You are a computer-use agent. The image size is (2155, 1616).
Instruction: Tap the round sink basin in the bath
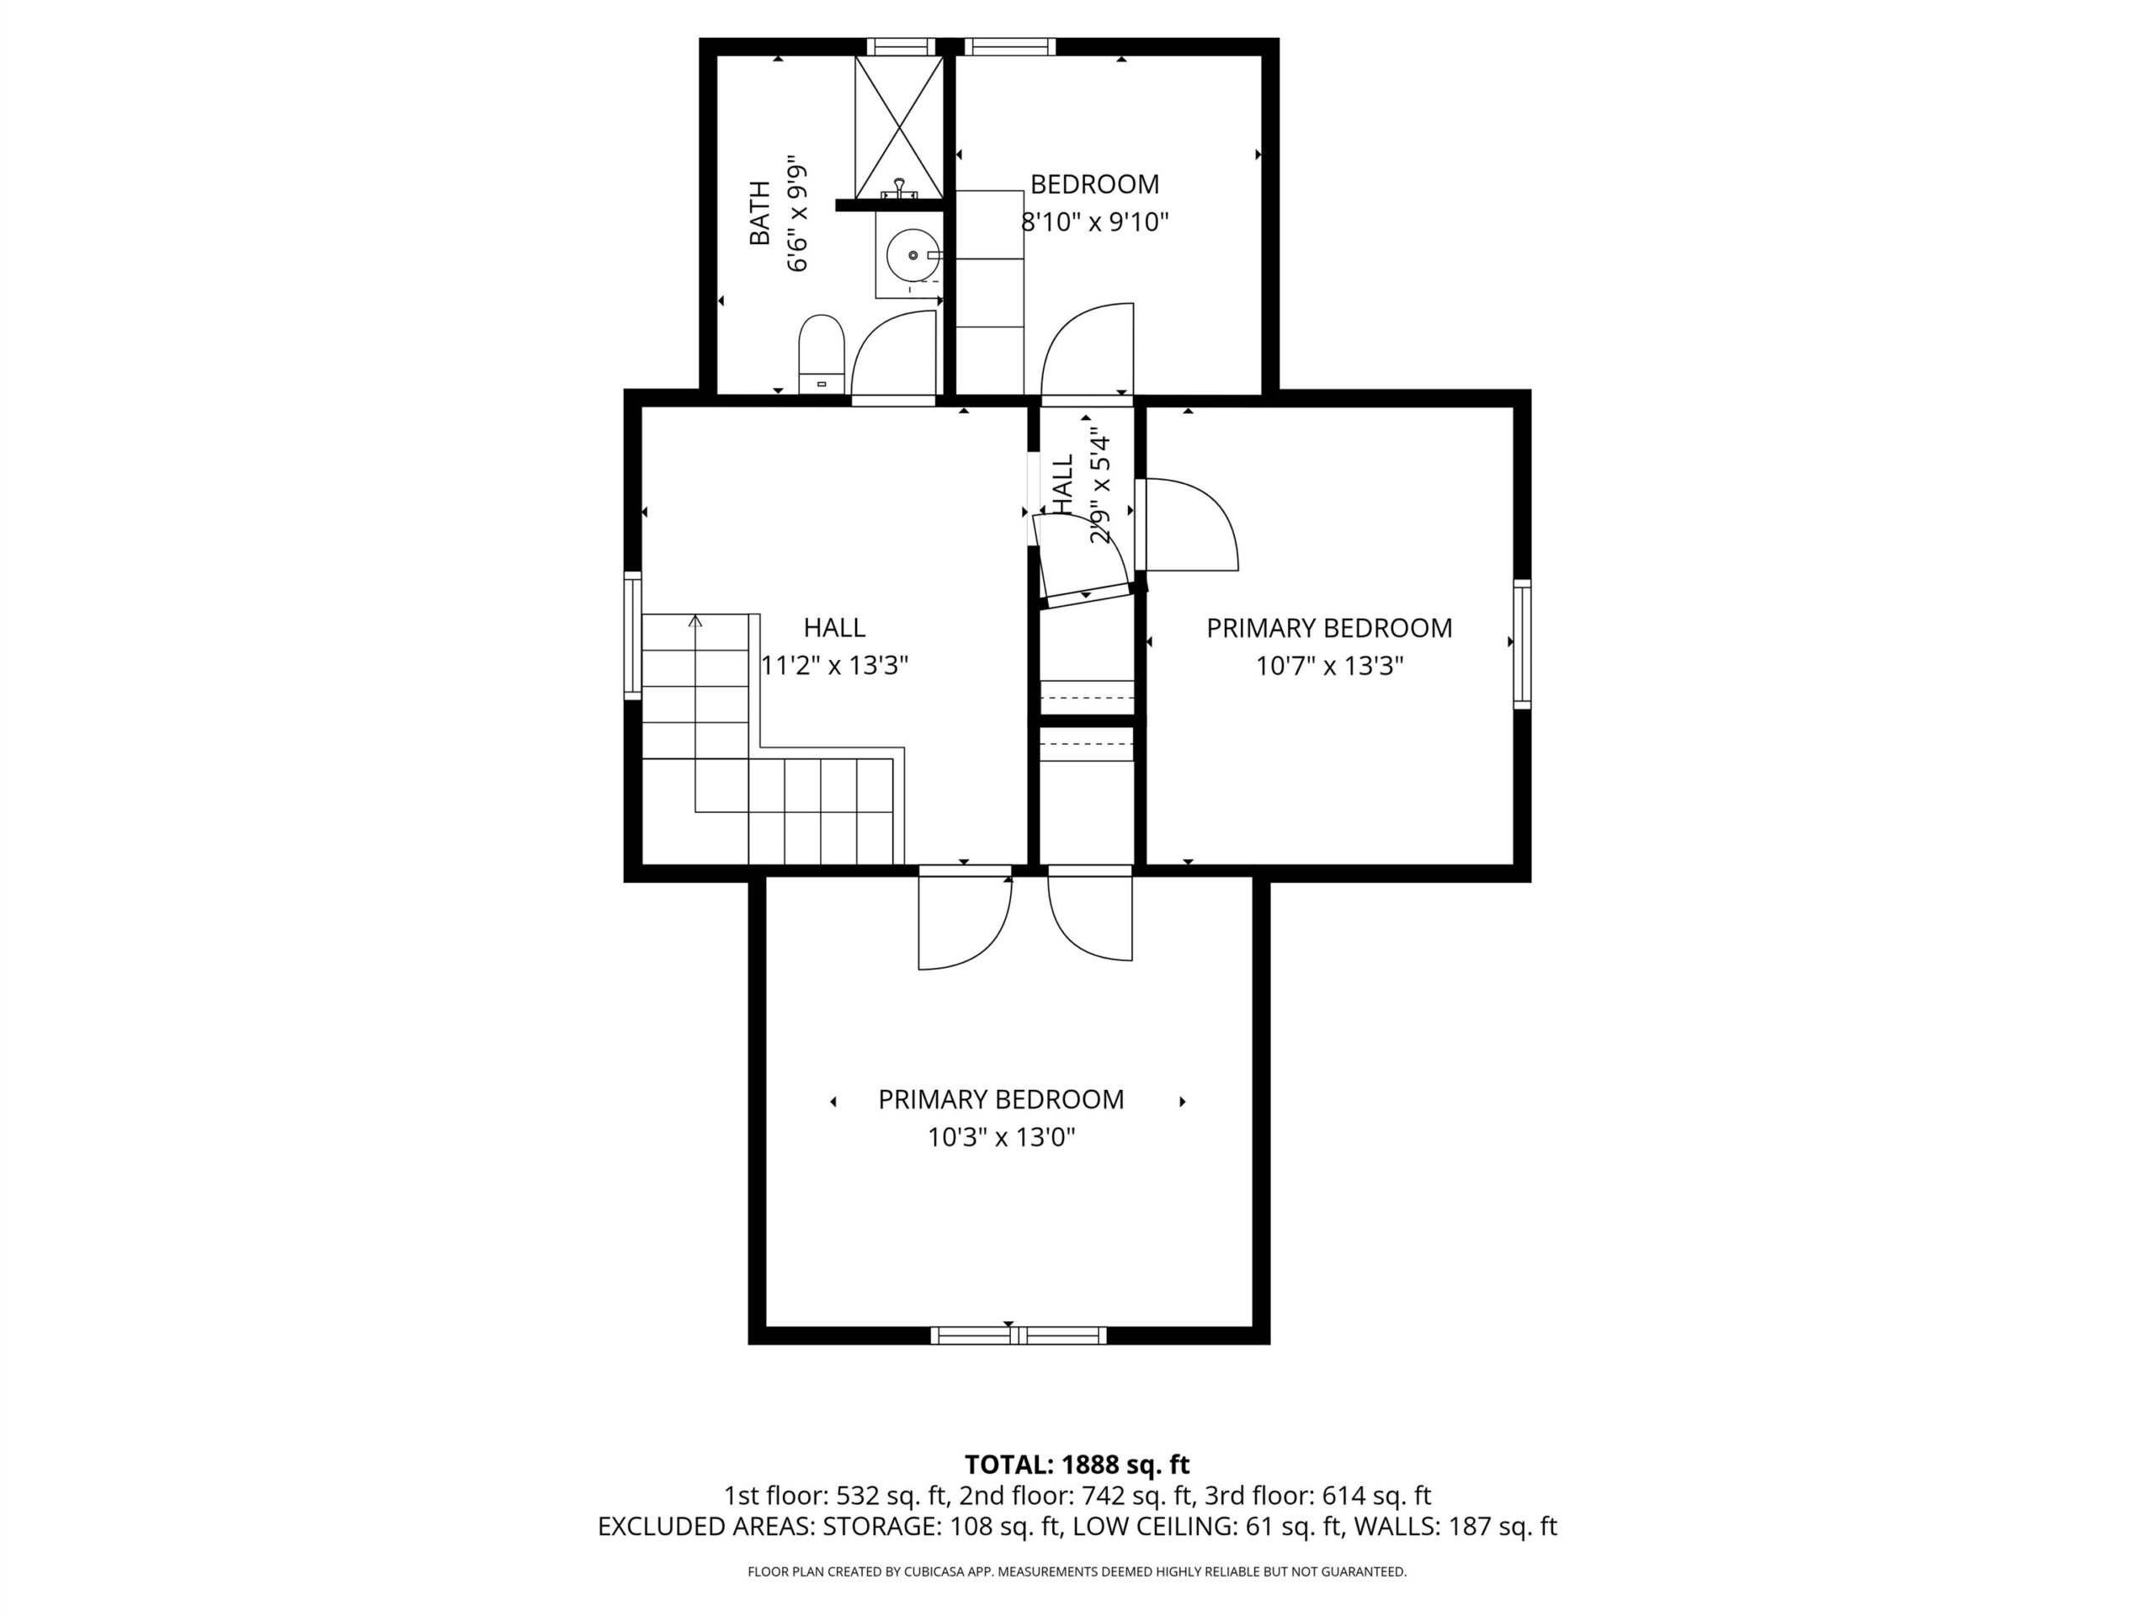point(913,255)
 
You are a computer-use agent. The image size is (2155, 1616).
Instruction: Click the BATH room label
point(760,213)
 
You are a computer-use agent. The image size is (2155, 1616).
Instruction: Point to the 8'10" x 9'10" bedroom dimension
point(1094,223)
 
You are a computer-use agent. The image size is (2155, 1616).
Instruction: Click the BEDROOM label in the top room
point(1095,184)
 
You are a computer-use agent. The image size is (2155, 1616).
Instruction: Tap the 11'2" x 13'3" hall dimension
point(834,665)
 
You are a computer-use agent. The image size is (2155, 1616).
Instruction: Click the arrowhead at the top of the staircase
point(694,620)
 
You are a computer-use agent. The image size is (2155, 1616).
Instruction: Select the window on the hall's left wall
point(632,635)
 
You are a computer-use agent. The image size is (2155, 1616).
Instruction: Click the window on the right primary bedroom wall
point(1522,643)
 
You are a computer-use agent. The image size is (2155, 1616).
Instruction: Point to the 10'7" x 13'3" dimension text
point(1329,667)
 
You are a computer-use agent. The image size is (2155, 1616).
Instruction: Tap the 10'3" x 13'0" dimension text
point(1001,1138)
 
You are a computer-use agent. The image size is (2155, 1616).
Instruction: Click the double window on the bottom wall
point(1018,1336)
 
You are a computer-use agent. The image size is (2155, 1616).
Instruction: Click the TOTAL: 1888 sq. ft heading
point(1077,1465)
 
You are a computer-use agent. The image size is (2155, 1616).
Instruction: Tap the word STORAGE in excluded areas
point(881,1527)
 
